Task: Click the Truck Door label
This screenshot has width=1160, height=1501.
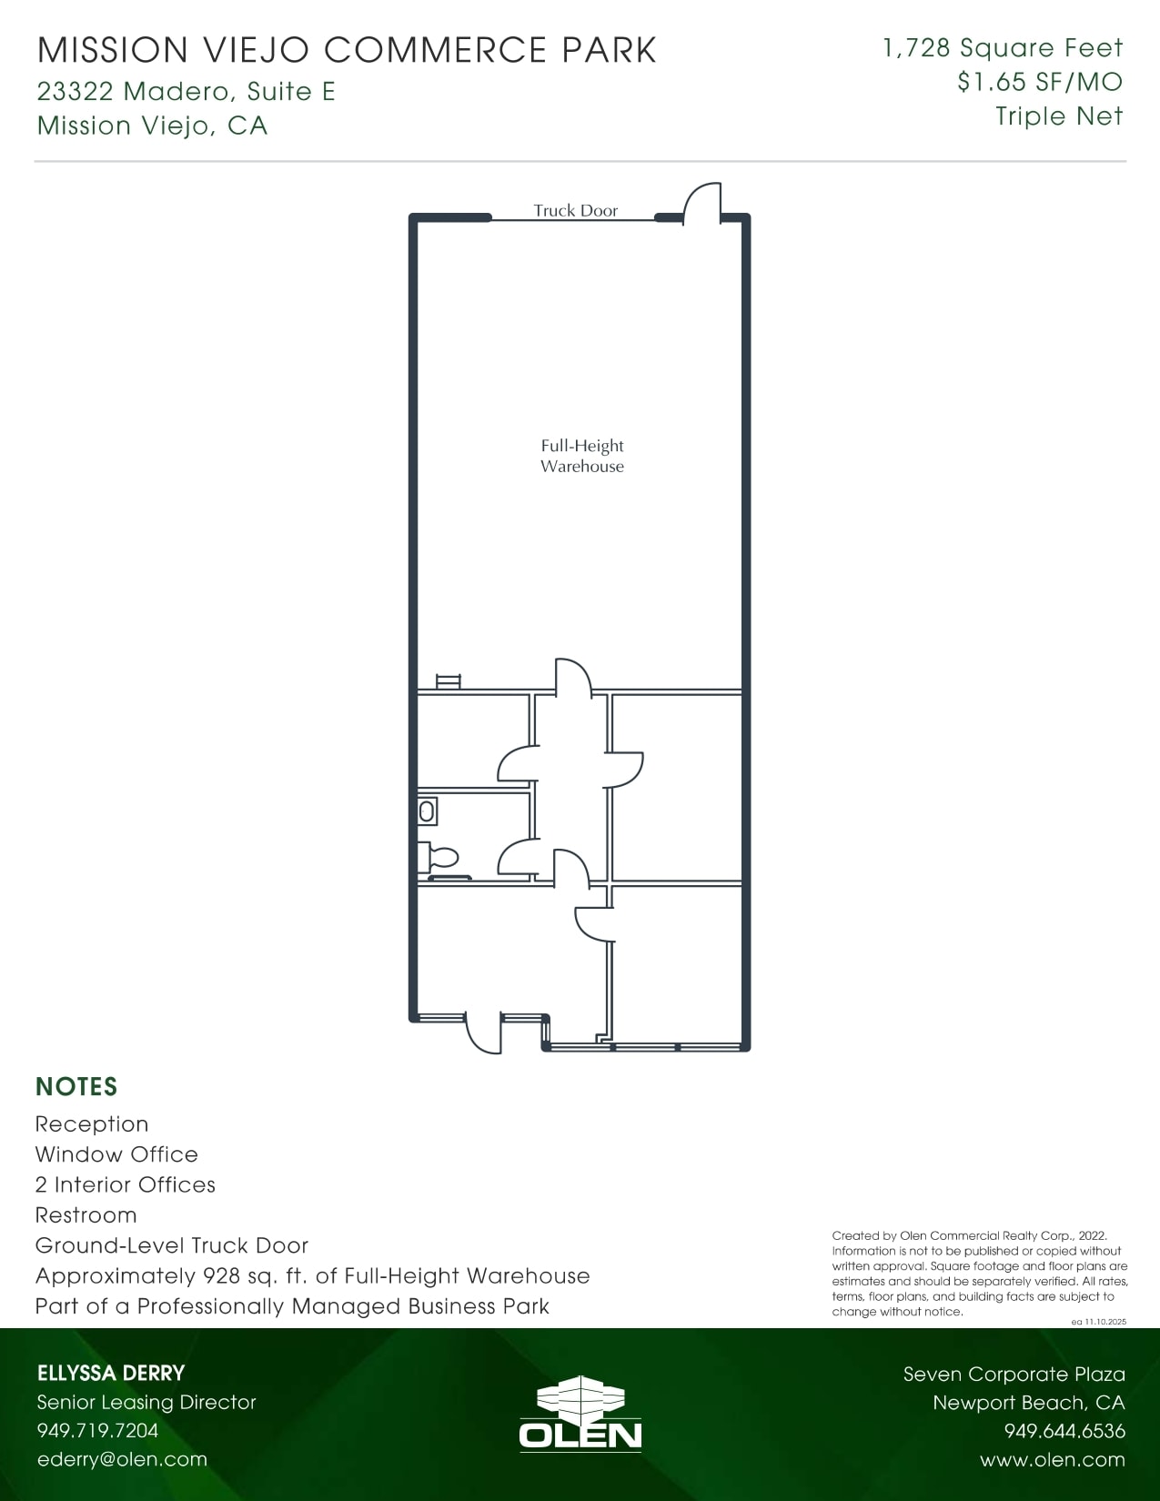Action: tap(575, 210)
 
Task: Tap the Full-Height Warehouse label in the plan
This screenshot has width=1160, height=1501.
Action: tap(582, 456)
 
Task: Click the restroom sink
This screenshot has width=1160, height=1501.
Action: tap(427, 810)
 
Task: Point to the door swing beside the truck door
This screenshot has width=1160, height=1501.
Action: tap(701, 203)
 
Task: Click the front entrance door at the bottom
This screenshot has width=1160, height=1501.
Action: tap(483, 1033)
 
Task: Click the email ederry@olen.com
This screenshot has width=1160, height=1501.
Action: tap(122, 1459)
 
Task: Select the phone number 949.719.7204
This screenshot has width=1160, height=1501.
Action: tap(97, 1430)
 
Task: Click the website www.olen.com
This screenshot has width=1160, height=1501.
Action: tap(1053, 1460)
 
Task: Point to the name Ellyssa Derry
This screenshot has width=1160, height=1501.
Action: tap(111, 1374)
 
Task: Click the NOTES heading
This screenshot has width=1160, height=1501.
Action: tap(76, 1087)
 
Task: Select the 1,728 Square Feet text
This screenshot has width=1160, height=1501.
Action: tap(1003, 48)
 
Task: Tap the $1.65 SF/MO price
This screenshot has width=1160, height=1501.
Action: tap(1040, 82)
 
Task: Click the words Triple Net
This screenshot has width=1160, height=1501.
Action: tap(1059, 116)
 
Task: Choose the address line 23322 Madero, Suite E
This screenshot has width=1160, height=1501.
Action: tap(187, 91)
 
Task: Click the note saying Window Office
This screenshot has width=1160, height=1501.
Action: tap(116, 1154)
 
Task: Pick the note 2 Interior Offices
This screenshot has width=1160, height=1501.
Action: tap(126, 1184)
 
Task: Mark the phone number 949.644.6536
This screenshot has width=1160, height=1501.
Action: tap(1064, 1431)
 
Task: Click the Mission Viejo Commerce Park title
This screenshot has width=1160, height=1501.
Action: tap(347, 50)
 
